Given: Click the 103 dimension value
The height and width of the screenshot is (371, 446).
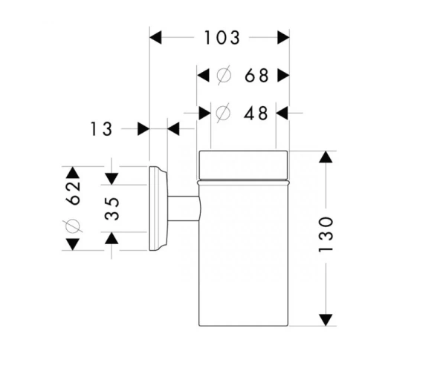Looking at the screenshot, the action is coord(222,38).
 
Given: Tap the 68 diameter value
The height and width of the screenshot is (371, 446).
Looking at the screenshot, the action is coord(256,76).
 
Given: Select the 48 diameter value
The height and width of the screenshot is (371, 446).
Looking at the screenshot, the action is coord(256,113).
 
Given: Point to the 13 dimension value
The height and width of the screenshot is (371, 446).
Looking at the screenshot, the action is coord(101,129).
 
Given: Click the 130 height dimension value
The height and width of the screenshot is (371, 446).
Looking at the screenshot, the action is coord(326,234).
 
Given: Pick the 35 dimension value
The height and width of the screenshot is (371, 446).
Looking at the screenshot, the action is coord(111,209).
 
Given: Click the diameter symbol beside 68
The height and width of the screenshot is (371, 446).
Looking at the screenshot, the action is coord(224,76).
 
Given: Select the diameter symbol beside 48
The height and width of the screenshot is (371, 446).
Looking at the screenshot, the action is coord(223,113).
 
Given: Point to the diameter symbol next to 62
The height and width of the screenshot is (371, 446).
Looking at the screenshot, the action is coord(73,226).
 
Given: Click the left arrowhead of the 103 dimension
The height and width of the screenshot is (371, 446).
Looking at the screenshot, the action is coord(155,37).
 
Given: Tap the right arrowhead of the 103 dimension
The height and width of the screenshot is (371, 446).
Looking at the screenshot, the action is coord(283,37).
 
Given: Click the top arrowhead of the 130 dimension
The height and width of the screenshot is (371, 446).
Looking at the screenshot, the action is coord(326,157).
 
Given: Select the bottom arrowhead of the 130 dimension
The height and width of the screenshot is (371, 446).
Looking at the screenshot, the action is coord(326,320).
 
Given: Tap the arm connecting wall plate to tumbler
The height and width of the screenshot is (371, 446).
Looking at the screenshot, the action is coord(184,209).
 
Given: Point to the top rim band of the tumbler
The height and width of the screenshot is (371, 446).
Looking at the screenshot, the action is coord(243,165).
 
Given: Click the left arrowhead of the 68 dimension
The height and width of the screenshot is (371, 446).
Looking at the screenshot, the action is coord(203,76).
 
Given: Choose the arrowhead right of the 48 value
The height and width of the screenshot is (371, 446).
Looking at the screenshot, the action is coord(282,113).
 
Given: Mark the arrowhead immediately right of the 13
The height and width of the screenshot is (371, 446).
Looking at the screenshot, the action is coord(143,129).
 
